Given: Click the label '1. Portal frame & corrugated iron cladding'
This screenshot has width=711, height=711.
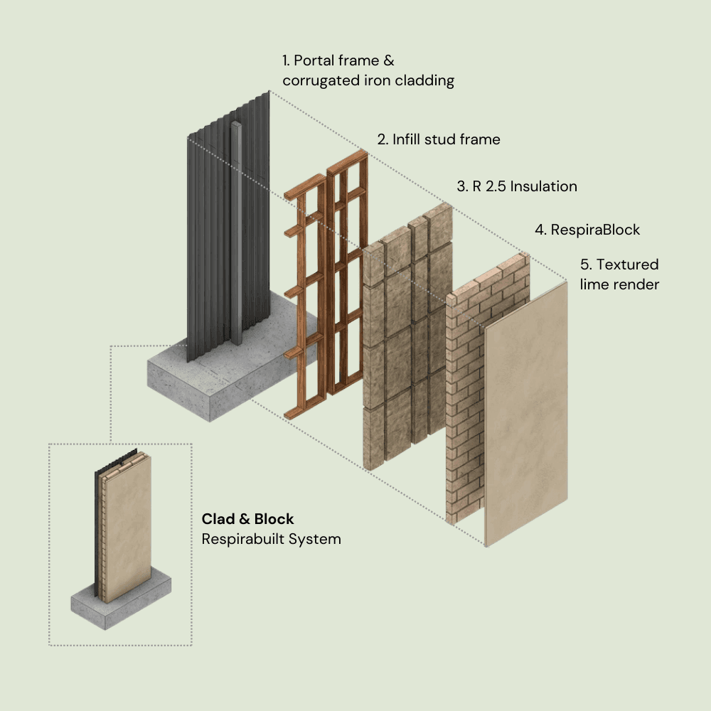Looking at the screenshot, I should (368, 70).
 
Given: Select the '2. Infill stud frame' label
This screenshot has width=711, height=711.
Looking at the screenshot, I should (438, 139).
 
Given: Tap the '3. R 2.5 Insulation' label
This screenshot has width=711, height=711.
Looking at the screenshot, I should (516, 186).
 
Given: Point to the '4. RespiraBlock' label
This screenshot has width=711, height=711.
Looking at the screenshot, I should (587, 230).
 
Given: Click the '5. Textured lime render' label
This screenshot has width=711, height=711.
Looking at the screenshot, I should (619, 274).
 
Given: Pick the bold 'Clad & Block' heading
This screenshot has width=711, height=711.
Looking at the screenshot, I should (247, 519).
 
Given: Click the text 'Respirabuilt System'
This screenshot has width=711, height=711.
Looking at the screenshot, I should (271, 539).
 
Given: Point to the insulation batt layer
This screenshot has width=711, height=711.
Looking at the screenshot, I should (398, 341).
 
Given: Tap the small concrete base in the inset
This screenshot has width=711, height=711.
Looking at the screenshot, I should (121, 604).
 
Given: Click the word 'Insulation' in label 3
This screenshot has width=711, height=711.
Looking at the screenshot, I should (543, 186).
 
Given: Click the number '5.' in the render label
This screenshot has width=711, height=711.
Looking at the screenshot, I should (586, 264).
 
